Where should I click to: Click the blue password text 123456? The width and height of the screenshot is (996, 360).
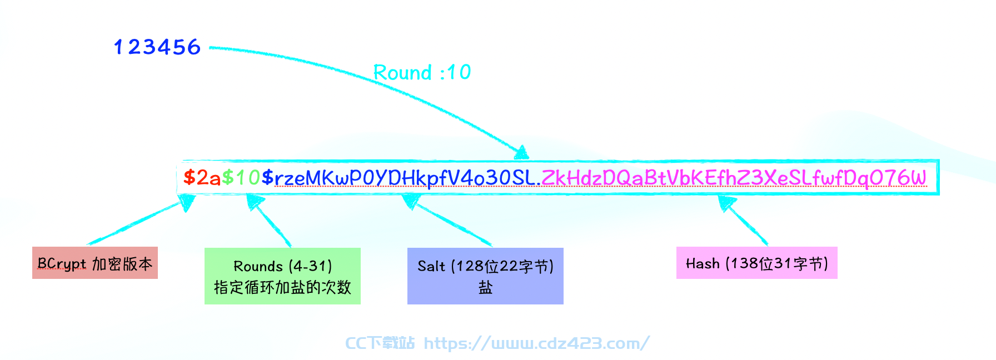point(157,47)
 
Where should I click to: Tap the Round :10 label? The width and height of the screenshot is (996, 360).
point(422,72)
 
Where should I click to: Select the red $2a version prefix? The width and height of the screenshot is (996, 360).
point(202,178)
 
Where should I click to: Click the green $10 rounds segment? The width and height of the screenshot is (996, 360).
point(241,178)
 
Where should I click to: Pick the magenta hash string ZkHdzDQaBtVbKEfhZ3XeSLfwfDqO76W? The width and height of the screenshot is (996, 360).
point(734,178)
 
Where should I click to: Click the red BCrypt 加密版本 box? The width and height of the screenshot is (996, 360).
point(95,263)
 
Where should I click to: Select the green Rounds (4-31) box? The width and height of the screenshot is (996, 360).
point(282,276)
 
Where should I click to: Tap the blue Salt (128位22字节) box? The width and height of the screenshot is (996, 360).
point(485,276)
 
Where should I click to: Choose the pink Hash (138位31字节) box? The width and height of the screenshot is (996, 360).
point(757,263)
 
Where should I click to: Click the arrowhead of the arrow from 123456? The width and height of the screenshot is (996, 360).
point(522,153)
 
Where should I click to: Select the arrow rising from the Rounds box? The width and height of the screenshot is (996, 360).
point(269,220)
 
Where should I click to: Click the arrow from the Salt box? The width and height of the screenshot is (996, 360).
point(447,220)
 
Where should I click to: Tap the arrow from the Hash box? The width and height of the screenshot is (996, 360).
point(743,220)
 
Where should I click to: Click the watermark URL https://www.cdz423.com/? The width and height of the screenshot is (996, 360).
point(536,343)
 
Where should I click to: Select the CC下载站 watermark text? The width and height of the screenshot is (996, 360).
point(380,343)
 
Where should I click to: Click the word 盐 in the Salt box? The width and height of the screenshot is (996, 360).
point(485,287)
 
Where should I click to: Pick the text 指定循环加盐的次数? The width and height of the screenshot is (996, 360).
point(282,287)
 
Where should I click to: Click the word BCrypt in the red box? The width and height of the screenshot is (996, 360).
point(62,264)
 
